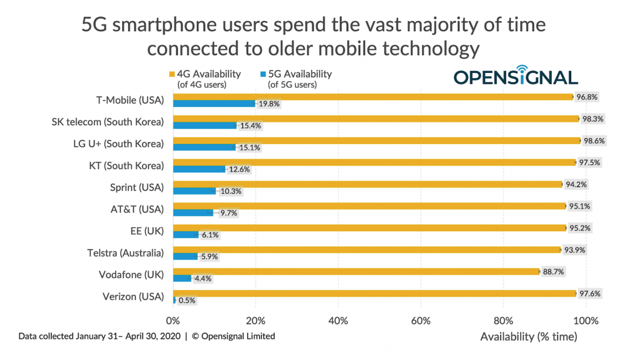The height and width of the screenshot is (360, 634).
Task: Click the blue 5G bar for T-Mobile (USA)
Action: click(214, 104)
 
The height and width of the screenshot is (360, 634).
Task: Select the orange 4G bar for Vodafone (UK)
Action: click(356, 271)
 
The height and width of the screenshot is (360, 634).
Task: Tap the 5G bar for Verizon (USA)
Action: click(174, 300)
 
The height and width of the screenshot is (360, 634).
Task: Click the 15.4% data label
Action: click(249, 126)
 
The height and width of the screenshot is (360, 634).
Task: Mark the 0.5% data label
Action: click(187, 301)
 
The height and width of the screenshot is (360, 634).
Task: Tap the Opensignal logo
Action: click(515, 76)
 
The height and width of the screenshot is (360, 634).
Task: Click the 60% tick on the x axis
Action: click(421, 321)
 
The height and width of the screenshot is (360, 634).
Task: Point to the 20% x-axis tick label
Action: click(255, 321)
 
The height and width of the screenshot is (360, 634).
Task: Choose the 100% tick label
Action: click(585, 321)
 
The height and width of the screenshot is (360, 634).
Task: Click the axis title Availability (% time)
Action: click(528, 337)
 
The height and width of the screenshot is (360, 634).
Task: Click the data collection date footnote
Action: click(146, 337)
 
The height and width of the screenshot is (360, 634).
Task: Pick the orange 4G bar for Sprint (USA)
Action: click(367, 184)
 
